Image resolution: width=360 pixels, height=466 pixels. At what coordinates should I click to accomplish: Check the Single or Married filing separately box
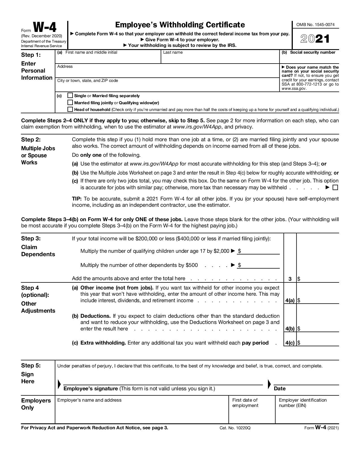coord(70,95)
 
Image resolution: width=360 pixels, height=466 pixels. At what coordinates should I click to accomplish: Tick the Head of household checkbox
coord(70,109)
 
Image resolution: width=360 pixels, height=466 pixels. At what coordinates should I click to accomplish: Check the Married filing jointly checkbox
coord(70,103)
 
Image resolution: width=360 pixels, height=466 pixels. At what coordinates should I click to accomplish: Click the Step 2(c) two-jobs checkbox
coord(335,188)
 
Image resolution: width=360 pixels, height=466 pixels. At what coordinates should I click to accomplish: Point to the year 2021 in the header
coord(315,39)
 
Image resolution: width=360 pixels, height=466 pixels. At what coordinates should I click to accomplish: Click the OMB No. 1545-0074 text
coord(315,25)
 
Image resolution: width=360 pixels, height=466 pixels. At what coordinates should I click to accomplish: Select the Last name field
coord(220,58)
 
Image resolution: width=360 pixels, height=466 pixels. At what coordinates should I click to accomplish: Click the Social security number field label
coord(313,52)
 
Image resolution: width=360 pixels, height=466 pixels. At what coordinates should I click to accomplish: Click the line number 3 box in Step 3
coord(290,279)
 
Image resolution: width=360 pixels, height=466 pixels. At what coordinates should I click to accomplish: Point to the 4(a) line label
coord(290,300)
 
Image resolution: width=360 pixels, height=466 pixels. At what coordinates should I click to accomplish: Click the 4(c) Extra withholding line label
coord(290,343)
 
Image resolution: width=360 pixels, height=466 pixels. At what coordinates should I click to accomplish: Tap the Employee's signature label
coord(91,389)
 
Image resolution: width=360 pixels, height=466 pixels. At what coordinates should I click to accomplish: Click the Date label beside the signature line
coord(280,389)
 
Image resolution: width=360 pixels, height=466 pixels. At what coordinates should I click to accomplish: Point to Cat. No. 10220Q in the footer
coord(235,428)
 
